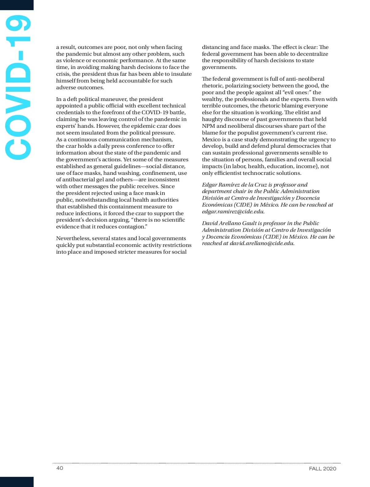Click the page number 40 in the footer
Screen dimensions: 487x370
click(60, 468)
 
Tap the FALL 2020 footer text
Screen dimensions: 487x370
click(323, 469)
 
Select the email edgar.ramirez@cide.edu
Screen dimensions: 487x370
click(233, 211)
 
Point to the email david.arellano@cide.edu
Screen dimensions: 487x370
click(262, 243)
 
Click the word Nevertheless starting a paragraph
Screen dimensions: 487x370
click(72, 238)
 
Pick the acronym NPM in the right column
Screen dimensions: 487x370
click(208, 126)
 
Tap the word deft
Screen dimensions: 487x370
click(72, 99)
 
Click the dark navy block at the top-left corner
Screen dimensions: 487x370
click(17, 5)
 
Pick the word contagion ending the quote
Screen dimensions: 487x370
click(134, 227)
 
